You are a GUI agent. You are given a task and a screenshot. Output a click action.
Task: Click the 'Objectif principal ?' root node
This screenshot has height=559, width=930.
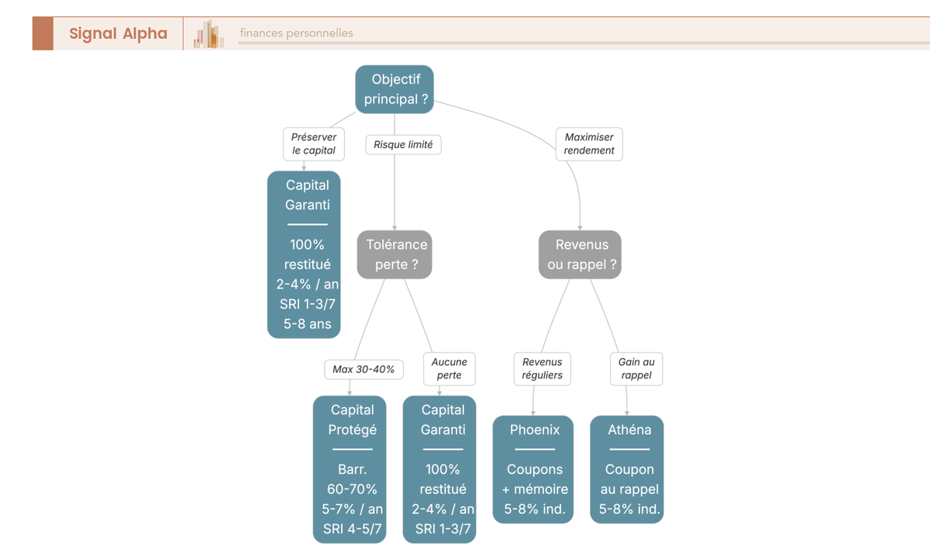(394, 89)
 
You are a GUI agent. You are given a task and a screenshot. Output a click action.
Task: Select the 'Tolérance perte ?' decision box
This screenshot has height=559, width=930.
(394, 254)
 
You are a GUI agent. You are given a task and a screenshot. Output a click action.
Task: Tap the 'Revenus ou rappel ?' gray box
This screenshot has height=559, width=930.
(580, 254)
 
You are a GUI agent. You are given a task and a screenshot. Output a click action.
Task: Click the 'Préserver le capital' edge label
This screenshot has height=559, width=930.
(314, 143)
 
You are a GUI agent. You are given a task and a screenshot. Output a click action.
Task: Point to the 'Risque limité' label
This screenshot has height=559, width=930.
(403, 144)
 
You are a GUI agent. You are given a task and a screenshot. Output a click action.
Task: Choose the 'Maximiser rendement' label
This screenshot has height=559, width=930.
(589, 143)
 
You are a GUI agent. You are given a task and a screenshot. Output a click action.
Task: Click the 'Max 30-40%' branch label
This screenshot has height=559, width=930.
(363, 369)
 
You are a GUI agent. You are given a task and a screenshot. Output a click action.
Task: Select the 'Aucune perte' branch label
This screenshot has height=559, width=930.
(449, 369)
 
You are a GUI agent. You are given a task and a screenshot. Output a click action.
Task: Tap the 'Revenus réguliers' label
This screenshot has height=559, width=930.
(542, 369)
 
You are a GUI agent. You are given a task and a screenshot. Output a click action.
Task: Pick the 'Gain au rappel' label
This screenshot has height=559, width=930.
(636, 369)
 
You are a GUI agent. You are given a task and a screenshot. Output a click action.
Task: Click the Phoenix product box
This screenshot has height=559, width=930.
(533, 469)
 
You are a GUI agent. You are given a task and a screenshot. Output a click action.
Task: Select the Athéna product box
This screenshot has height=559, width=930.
(627, 469)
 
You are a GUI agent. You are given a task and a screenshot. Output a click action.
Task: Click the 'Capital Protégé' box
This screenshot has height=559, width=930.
(350, 469)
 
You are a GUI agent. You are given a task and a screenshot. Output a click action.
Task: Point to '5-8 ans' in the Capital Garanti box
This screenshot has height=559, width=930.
(307, 324)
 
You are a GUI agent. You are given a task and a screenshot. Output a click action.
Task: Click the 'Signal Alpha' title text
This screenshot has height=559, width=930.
(119, 33)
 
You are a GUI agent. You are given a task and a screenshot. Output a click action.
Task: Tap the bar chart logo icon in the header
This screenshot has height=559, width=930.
(208, 34)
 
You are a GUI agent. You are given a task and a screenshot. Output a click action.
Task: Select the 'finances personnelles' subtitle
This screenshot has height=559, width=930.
(296, 33)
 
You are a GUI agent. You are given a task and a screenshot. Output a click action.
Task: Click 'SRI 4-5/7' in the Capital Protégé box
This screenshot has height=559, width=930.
(352, 529)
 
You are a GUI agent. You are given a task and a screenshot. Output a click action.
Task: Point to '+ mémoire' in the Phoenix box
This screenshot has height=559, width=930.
(535, 489)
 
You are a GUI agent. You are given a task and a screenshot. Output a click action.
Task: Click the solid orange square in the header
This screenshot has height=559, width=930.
(43, 33)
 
